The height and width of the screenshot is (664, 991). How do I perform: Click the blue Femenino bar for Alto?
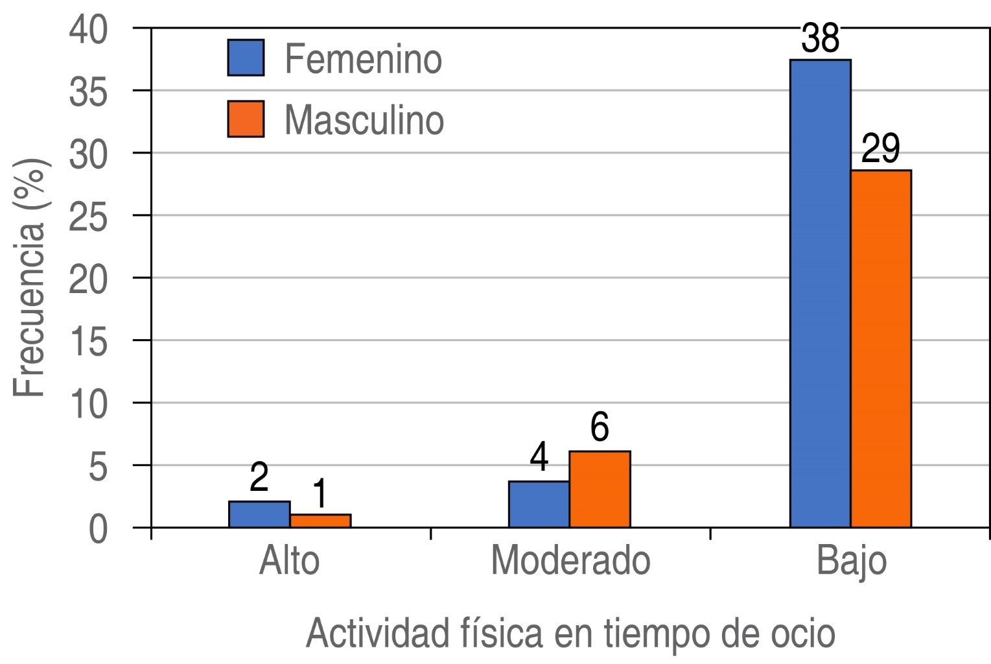coord(259,514)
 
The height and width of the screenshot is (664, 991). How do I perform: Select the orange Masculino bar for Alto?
coord(320,521)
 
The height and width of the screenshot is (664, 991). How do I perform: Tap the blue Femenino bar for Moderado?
coord(539,504)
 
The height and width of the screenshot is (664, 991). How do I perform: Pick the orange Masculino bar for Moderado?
coord(600,489)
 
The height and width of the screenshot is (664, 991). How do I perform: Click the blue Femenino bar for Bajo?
coord(820,293)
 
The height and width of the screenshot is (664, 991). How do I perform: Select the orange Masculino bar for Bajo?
coord(881,348)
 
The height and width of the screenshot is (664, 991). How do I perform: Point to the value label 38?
coord(820,39)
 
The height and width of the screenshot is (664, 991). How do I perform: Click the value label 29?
coord(880,149)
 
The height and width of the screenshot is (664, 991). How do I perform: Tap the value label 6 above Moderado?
coord(600,428)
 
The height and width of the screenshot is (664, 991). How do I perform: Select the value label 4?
coord(539,458)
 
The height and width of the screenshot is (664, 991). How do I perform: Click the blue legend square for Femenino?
coord(246,58)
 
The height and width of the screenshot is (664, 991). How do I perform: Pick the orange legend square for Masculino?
coord(246,119)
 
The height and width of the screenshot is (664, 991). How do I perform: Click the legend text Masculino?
coord(364,120)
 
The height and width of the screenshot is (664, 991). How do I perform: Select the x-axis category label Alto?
coord(289,560)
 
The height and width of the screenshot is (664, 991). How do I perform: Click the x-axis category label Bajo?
coord(851,562)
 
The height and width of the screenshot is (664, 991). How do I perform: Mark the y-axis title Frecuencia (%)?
coord(31,278)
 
